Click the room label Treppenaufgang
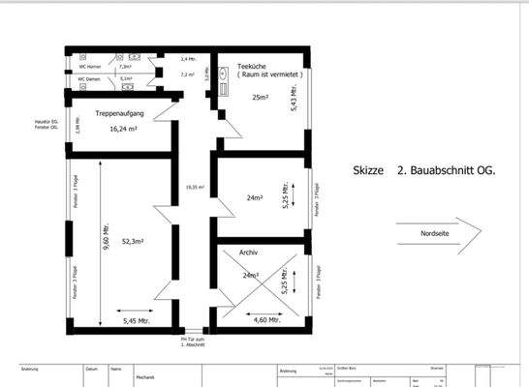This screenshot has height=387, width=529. tap(120, 114)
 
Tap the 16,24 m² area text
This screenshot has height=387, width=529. tap(123, 128)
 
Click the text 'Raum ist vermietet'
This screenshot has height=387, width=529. tap(264, 74)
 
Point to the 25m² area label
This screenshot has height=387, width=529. tap(260, 98)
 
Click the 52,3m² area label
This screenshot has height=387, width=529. tap(132, 241)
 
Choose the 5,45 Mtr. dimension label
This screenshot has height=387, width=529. tap(136, 320)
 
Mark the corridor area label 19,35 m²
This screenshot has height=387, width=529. tap(195, 188)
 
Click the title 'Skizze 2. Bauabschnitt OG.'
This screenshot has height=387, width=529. tap(423, 170)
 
